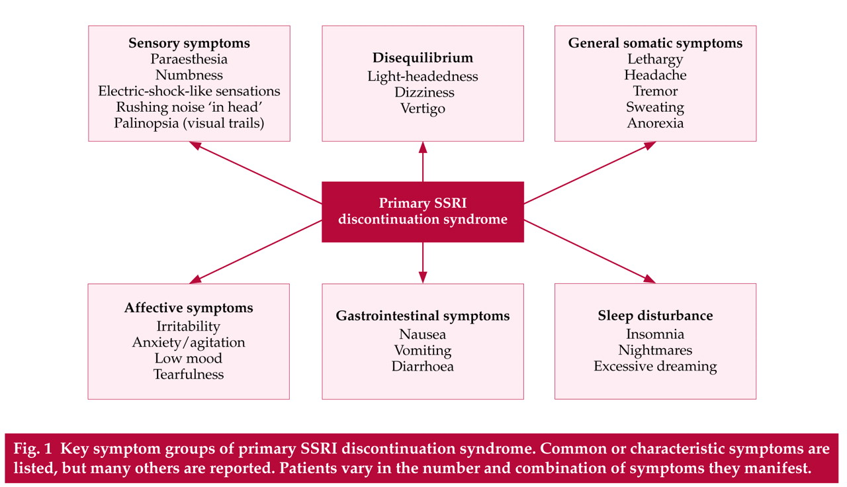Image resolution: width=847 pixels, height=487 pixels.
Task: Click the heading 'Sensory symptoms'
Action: [189, 44]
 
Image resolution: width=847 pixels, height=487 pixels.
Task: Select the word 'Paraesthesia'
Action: [189, 60]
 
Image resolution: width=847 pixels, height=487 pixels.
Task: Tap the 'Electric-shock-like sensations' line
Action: [189, 91]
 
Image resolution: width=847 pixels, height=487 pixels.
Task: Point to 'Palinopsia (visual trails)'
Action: [189, 123]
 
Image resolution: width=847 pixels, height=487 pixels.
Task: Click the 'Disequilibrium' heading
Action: [423, 58]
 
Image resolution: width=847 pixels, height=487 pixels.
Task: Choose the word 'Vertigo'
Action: [423, 109]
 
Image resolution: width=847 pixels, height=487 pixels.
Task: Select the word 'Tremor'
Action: [655, 91]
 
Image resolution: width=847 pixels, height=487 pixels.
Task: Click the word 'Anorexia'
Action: [655, 123]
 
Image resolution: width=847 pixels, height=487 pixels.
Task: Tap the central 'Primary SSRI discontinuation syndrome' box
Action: [423, 212]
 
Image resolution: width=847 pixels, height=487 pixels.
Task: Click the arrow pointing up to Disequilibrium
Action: [423, 162]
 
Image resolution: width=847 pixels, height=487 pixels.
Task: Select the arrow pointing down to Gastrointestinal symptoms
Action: [423, 263]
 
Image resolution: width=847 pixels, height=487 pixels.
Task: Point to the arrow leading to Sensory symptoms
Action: [255, 173]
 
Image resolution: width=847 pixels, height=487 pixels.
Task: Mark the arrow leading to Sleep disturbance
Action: [590, 251]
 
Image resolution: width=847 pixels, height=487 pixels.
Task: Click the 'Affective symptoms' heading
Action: [189, 308]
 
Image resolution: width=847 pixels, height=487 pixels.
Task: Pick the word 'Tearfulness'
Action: [189, 375]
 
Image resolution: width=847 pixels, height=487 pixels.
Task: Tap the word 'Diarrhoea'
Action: [423, 367]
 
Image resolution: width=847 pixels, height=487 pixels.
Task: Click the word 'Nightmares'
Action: [655, 351]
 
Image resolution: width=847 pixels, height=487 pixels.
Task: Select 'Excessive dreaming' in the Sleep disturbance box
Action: [655, 367]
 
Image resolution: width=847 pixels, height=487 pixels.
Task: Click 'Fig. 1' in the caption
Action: [32, 449]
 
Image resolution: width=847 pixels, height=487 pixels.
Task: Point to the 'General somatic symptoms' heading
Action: [655, 44]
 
